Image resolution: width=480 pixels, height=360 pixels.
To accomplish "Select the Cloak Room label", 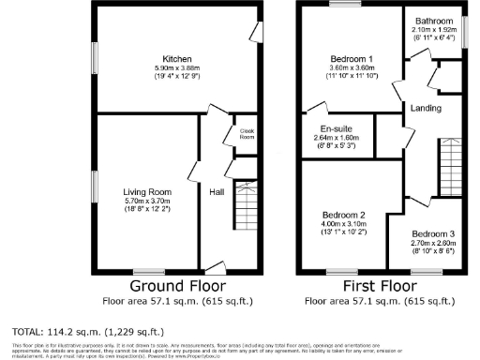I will pos(247,134).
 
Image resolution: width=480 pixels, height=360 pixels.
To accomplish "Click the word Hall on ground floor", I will pos(216,191).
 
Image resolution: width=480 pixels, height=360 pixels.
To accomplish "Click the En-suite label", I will pos(334,127).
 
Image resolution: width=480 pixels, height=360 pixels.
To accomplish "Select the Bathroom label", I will pos(432,20).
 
